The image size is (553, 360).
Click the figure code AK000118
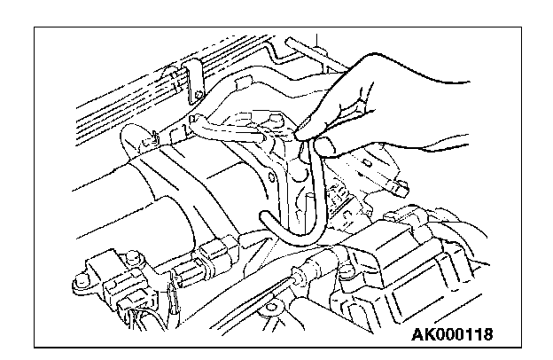coord(452,335)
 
